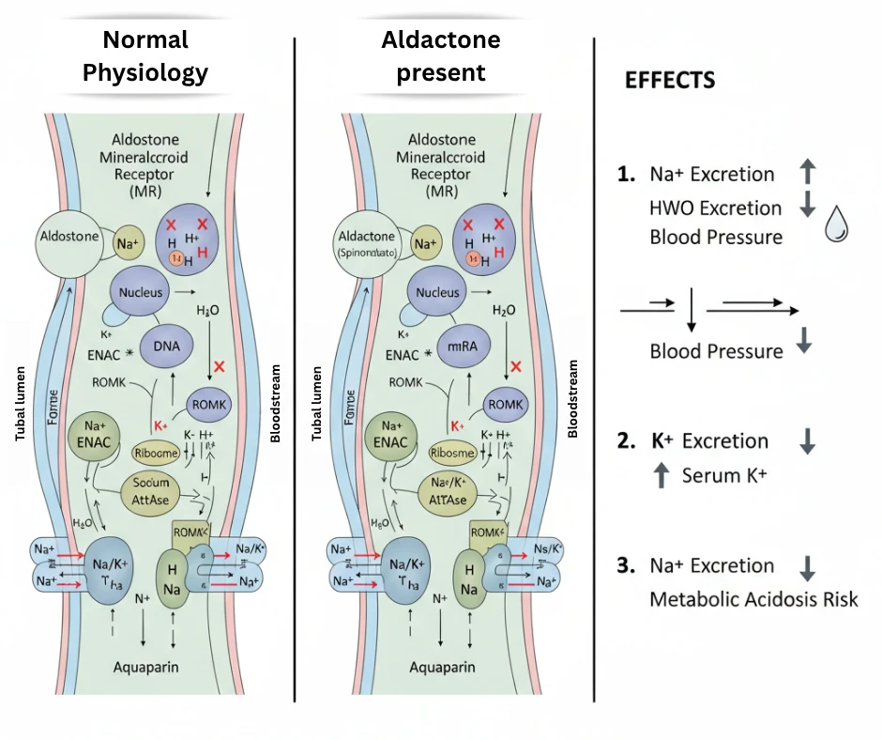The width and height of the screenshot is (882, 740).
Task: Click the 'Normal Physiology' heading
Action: click(145, 56)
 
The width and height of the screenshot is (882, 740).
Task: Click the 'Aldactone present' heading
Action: click(440, 56)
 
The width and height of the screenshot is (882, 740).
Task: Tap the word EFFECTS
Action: click(670, 80)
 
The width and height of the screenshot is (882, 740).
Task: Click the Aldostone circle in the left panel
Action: click(70, 238)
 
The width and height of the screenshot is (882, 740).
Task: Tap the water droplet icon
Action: click(836, 225)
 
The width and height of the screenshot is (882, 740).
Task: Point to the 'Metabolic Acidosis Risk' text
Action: click(753, 598)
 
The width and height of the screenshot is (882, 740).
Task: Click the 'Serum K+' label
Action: click(723, 474)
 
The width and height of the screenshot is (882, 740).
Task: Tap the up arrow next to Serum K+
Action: click(661, 475)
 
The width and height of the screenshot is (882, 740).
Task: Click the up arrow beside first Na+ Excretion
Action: click(809, 173)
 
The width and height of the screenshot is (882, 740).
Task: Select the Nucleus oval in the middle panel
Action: click(438, 292)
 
